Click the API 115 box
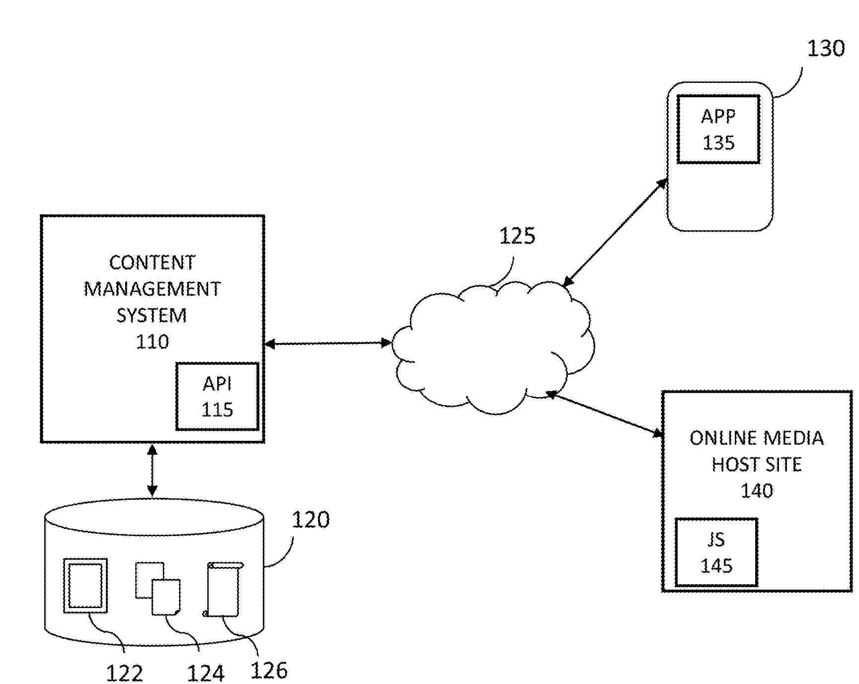click(217, 396)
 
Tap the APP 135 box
click(718, 129)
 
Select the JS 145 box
click(716, 552)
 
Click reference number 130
click(825, 49)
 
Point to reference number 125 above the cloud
click(517, 236)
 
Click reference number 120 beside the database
click(311, 520)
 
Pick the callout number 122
click(124, 673)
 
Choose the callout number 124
click(206, 673)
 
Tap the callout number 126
click(269, 670)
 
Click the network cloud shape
click(492, 347)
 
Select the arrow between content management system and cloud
click(327, 343)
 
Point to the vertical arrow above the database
click(153, 470)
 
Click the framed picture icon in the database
click(85, 586)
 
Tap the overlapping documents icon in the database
click(158, 589)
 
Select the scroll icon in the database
click(224, 589)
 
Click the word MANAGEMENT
click(152, 289)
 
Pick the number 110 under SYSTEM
click(152, 342)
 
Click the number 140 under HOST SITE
click(756, 491)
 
